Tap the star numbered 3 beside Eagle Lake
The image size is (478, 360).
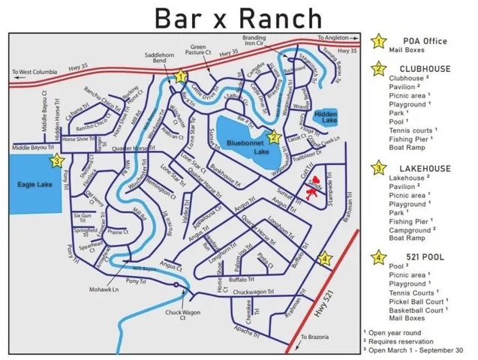pos(56,160)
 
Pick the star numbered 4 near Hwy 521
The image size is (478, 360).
pos(325,259)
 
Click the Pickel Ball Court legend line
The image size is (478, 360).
pos(417,301)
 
